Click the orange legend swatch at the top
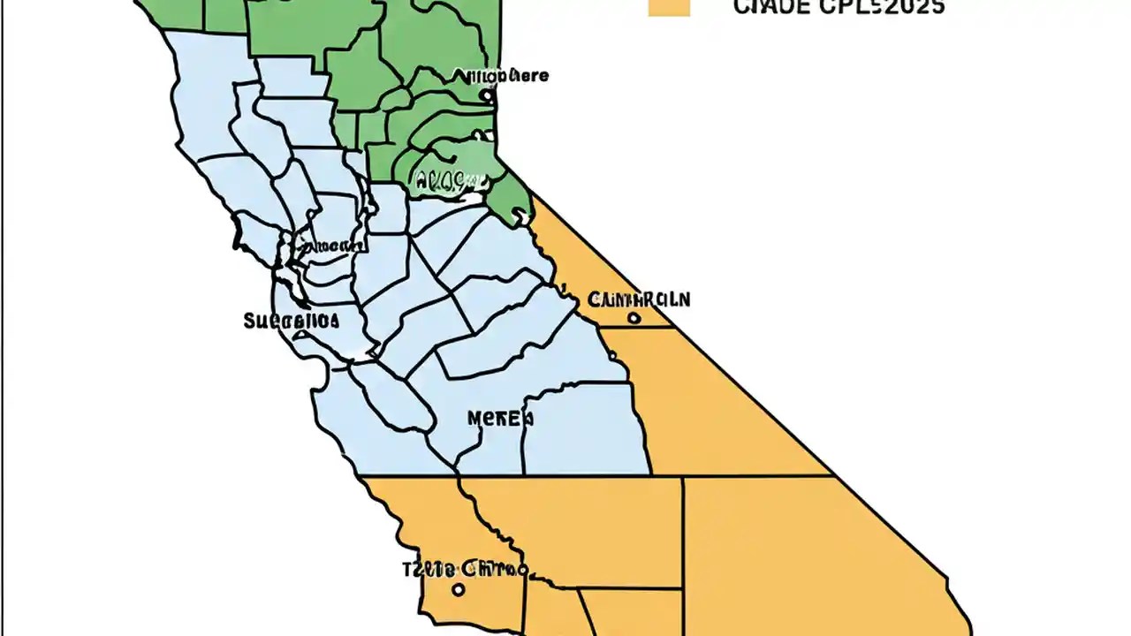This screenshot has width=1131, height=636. pyautogui.click(x=668, y=7)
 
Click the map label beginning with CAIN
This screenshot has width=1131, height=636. pyautogui.click(x=638, y=299)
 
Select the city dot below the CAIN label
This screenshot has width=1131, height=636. pyautogui.click(x=634, y=318)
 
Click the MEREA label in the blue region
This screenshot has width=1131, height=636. pyautogui.click(x=500, y=418)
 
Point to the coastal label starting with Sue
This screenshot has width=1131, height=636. pyautogui.click(x=291, y=321)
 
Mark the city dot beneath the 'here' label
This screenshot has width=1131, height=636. pyautogui.click(x=485, y=95)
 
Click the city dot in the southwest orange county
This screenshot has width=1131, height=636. pyautogui.click(x=458, y=589)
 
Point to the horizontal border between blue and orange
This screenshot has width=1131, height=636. pyautogui.click(x=530, y=476)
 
